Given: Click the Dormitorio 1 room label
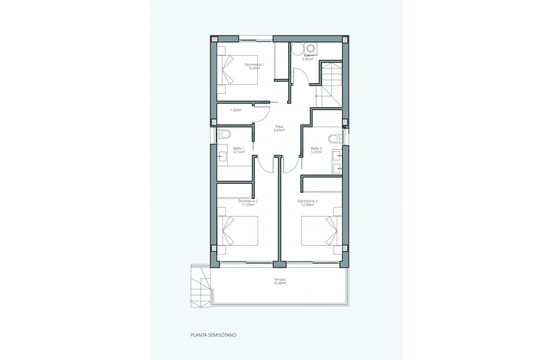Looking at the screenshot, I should tap(254, 66).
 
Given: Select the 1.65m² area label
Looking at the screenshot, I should tap(236, 110).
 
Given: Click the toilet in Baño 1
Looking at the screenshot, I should tap(225, 134).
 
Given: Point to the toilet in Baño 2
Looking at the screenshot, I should tap(334, 138).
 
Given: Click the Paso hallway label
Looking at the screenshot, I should tap(280, 129).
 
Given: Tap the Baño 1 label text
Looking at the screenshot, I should tap(239, 150).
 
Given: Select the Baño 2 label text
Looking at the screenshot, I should tap(316, 150).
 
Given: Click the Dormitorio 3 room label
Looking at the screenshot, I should tap(307, 203).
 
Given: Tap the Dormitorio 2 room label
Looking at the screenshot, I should tap(248, 203).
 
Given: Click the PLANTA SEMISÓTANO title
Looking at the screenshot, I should tap(213, 335).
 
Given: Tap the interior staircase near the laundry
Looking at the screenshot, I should tap(331, 84).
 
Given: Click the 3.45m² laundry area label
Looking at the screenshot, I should tap(307, 59).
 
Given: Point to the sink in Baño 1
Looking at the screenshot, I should tap(222, 156).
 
